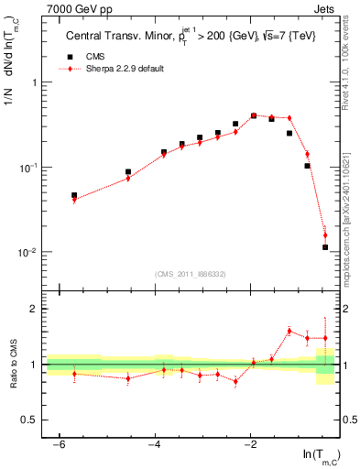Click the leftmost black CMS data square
pyautogui.click(x=74, y=195)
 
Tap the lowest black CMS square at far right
pyautogui.click(x=325, y=247)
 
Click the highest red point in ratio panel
pyautogui.click(x=289, y=331)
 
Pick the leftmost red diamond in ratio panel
pyautogui.click(x=74, y=374)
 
